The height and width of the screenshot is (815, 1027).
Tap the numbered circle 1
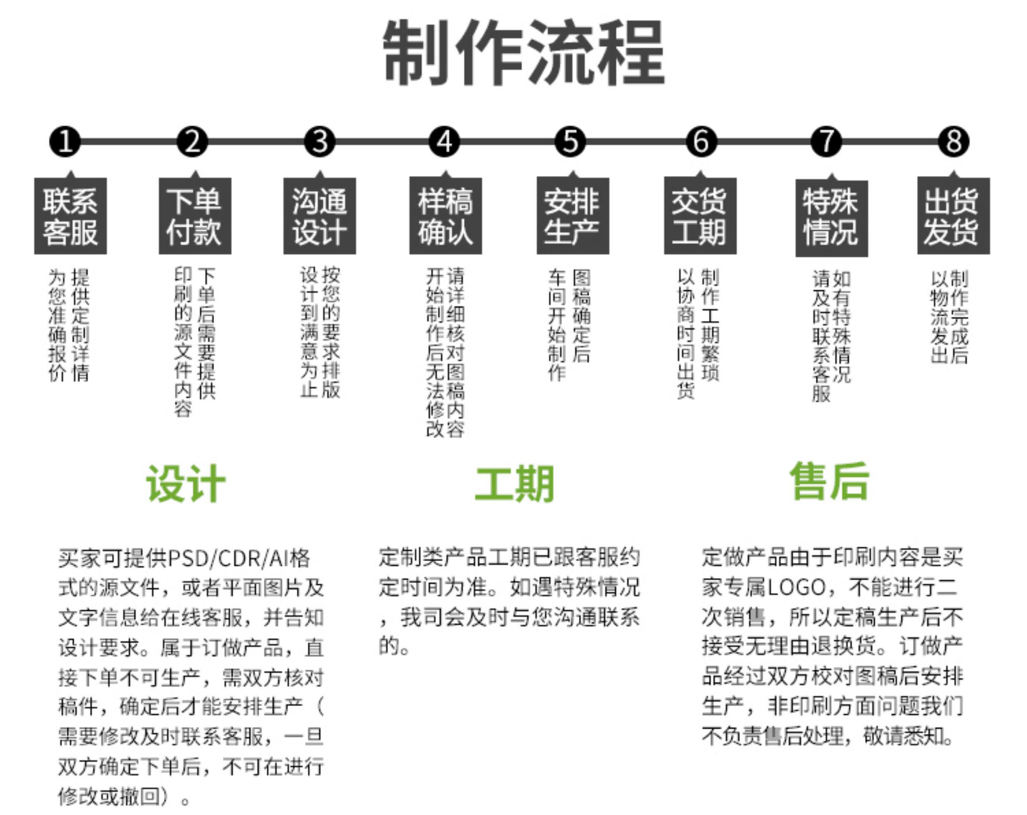click(65, 142)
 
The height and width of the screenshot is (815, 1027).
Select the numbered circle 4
click(444, 142)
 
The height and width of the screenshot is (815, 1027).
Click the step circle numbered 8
click(953, 142)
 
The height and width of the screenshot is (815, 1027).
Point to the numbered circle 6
click(701, 142)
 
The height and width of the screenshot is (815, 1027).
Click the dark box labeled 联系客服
click(70, 216)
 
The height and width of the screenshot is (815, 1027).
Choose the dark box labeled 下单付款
click(195, 216)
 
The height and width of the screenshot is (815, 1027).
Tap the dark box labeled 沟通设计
click(320, 216)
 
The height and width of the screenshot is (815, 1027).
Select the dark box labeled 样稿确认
click(446, 216)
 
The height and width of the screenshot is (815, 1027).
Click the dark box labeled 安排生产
click(573, 216)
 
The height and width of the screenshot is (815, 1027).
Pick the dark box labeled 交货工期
click(700, 216)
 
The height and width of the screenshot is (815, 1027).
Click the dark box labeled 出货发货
click(953, 216)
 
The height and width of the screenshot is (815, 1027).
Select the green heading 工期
click(514, 483)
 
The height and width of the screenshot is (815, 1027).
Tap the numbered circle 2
click(193, 142)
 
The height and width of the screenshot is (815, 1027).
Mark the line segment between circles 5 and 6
click(636, 142)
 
